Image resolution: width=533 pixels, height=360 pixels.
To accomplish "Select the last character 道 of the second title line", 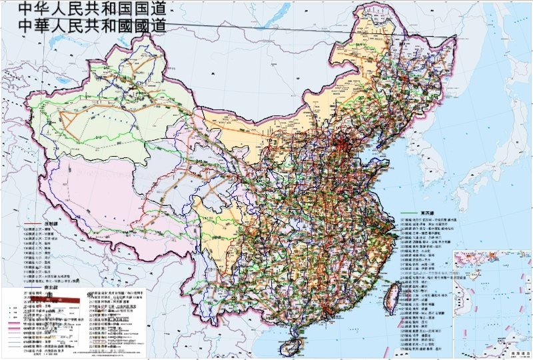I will point(157,26).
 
